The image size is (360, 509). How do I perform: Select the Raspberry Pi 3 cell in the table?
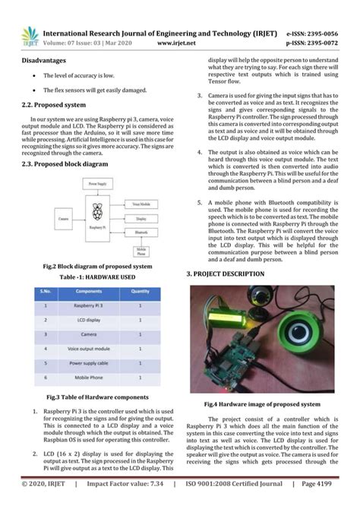88,305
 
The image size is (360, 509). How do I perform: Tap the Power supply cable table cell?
88,362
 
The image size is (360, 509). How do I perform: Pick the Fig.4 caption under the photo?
261,405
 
